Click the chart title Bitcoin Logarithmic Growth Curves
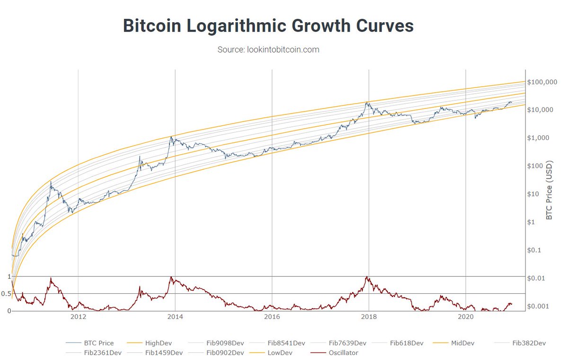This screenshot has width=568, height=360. pyautogui.click(x=268, y=26)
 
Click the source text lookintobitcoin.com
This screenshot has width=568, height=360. pyautogui.click(x=268, y=50)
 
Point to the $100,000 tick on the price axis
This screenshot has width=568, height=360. pyautogui.click(x=541, y=82)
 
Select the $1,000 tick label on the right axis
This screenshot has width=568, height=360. pyautogui.click(x=538, y=138)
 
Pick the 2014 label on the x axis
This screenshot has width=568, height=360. pyautogui.click(x=175, y=317)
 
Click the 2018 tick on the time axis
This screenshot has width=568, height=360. pyautogui.click(x=369, y=317)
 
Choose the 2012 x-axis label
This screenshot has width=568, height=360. pyautogui.click(x=78, y=317)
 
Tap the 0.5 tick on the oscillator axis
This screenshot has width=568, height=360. pyautogui.click(x=6, y=294)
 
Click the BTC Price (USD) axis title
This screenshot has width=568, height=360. pyautogui.click(x=550, y=190)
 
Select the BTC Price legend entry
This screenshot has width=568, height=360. pyautogui.click(x=97, y=343)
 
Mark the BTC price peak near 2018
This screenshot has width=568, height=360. pyautogui.click(x=367, y=102)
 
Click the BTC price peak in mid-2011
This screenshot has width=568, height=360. pyautogui.click(x=51, y=182)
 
